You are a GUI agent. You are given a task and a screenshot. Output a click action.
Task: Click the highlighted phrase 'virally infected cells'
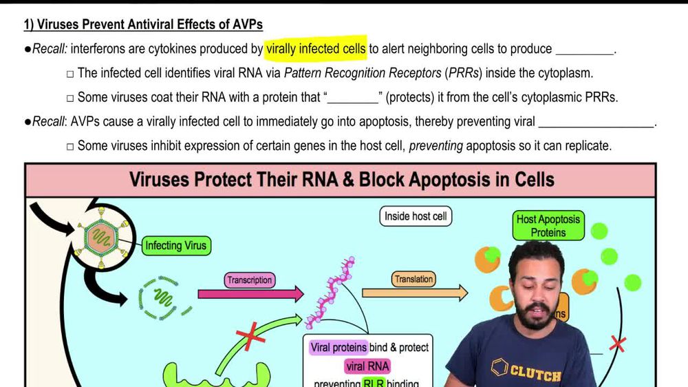[316, 49]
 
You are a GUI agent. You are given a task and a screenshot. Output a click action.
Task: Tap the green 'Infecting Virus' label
[175, 245]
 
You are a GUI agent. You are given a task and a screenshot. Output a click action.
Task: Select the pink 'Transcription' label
[249, 280]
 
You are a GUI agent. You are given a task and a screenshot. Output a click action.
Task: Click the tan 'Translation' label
[413, 279]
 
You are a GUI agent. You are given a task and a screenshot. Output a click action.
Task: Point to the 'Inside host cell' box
[416, 216]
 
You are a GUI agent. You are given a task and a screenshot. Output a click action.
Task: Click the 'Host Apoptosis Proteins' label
[548, 226]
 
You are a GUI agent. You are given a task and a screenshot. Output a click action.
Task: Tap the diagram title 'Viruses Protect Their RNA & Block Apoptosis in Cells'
[341, 180]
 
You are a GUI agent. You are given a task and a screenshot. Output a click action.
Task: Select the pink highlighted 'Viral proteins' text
[338, 347]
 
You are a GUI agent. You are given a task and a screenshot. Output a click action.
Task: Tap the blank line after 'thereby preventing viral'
[596, 123]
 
